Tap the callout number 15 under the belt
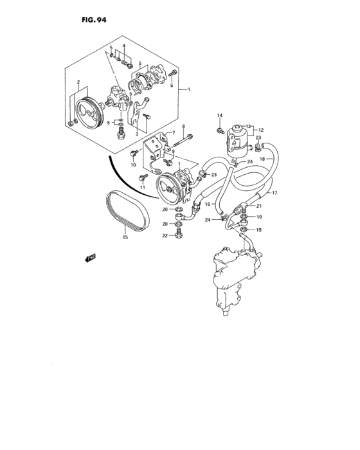tap(125, 237)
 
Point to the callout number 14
tap(219, 116)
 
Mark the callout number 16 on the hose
tap(208, 204)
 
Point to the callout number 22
tap(165, 236)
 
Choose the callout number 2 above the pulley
tap(78, 83)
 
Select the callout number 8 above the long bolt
tap(184, 127)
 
